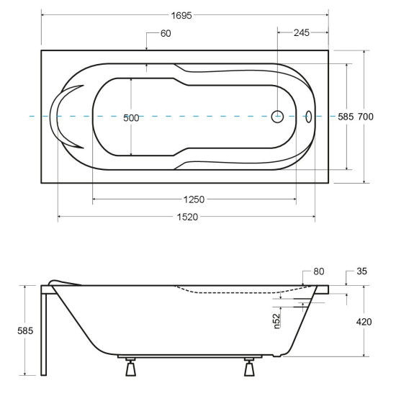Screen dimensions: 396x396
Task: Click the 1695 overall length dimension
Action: pyautogui.click(x=181, y=16)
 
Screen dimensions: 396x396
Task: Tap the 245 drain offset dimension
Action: pyautogui.click(x=301, y=33)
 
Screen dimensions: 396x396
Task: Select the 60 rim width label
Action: pyautogui.click(x=166, y=33)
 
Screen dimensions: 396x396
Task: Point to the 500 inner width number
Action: pyautogui.click(x=131, y=118)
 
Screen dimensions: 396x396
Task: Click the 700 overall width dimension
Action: pyautogui.click(x=365, y=117)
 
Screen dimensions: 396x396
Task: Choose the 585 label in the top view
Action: pyautogui.click(x=346, y=117)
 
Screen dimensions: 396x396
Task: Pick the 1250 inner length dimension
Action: pyautogui.click(x=194, y=199)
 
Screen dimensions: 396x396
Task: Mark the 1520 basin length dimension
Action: pyautogui.click(x=187, y=217)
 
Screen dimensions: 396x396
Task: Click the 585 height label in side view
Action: pyautogui.click(x=25, y=330)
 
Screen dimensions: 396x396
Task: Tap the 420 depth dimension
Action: pyautogui.click(x=364, y=322)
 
